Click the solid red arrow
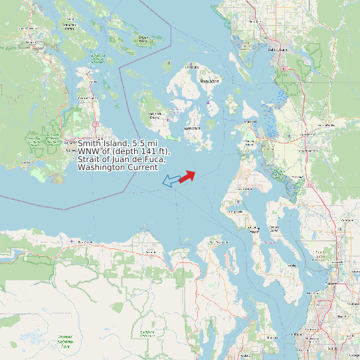[187, 175]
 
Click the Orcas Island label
[210, 81]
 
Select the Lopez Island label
[193, 128]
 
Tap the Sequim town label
[151, 252]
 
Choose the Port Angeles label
[84, 242]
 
